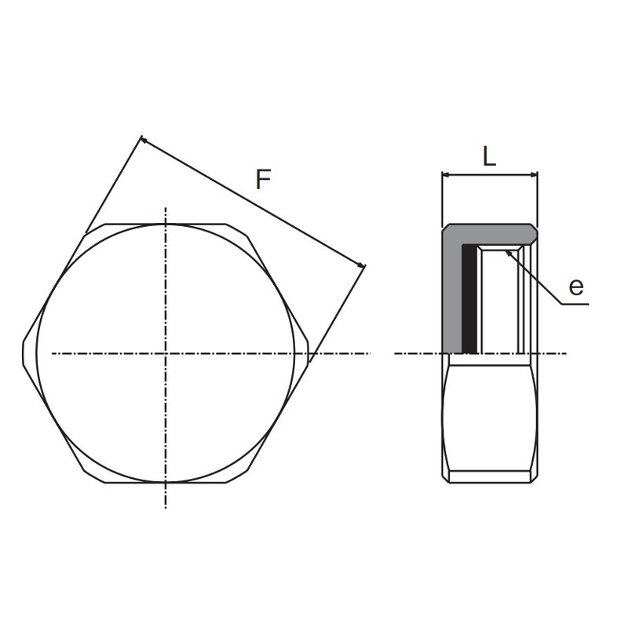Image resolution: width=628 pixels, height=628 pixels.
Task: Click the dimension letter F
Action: (264, 180)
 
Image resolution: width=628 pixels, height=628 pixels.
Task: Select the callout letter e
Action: (576, 287)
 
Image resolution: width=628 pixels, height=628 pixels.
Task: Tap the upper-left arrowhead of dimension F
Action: (144, 140)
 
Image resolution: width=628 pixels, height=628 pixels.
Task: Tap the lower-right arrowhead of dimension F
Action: (362, 265)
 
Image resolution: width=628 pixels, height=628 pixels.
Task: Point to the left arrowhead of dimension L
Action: (445, 174)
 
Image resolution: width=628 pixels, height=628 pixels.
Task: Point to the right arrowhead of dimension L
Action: (534, 174)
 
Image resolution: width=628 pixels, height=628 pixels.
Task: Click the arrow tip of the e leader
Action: (506, 251)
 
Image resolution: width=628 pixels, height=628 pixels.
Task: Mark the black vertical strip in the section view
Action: (469, 299)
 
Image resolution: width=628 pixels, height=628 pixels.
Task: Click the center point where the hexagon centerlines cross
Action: (166, 353)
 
